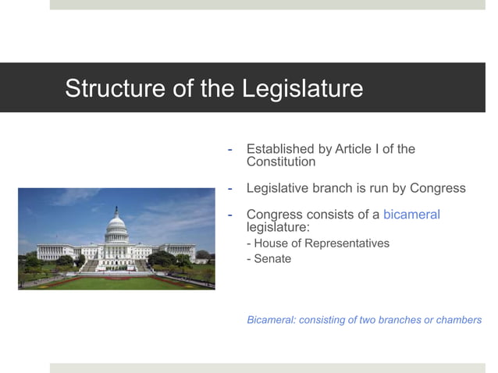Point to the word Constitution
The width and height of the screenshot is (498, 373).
(281, 162)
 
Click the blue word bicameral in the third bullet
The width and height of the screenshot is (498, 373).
(411, 214)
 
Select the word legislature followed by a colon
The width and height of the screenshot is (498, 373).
(278, 226)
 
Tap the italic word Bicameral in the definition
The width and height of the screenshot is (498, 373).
(271, 320)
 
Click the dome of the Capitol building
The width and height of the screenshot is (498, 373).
(116, 226)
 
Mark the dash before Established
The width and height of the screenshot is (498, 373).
(229, 149)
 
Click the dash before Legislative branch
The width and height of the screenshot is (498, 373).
(229, 188)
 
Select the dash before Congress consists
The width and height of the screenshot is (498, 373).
(229, 214)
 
